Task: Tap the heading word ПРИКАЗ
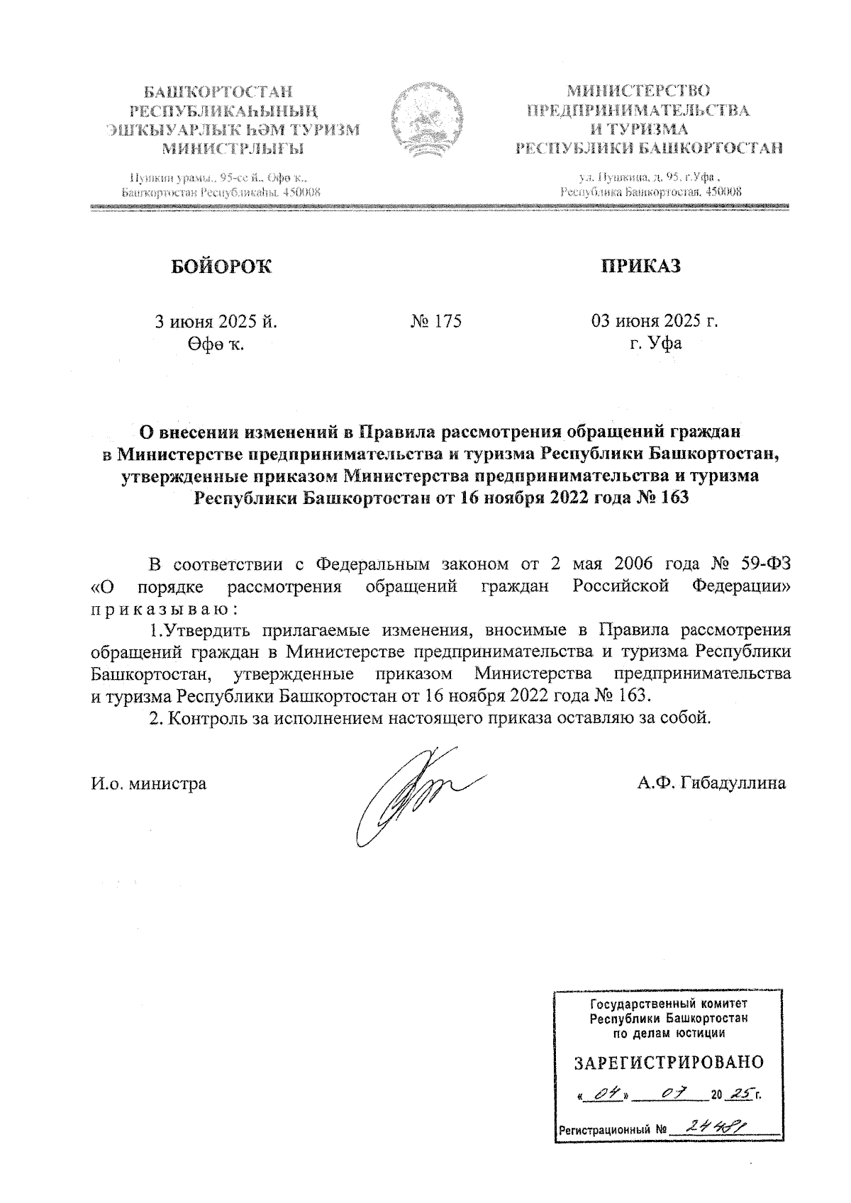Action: [640, 266]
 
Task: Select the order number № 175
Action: [435, 321]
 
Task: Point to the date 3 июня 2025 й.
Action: [216, 321]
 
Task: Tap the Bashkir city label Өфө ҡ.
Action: [216, 345]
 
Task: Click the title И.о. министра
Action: [150, 783]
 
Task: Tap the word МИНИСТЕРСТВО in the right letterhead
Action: [638, 91]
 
